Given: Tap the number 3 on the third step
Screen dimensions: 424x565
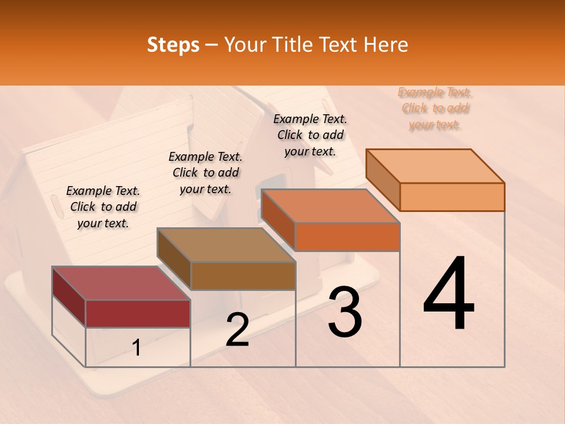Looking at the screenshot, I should click(x=345, y=312).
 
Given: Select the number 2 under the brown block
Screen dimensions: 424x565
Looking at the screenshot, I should click(x=238, y=330).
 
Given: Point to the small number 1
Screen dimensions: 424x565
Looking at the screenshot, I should click(x=137, y=348).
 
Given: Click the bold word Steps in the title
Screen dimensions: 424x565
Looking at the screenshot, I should click(x=173, y=45).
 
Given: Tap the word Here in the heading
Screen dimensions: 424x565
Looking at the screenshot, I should click(x=386, y=45).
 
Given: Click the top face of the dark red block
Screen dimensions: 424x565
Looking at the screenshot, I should click(x=121, y=283).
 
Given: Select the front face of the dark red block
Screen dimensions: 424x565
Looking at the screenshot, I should click(x=138, y=313).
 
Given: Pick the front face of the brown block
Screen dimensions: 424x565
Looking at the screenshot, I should click(x=243, y=276).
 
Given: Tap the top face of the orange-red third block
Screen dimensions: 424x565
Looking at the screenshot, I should click(x=331, y=206).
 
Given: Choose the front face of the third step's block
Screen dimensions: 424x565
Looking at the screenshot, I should click(x=347, y=237).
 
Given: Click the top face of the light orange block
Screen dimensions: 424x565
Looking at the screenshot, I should click(x=436, y=166).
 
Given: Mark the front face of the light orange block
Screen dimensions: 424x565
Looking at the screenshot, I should click(x=452, y=197).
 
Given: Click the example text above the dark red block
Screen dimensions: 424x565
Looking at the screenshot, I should click(x=103, y=207).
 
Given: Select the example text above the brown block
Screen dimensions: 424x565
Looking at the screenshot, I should click(x=205, y=173).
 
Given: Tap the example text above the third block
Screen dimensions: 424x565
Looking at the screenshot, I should click(x=310, y=135).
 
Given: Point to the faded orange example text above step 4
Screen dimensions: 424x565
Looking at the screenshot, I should click(x=435, y=108).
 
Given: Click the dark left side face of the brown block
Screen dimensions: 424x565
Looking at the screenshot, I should click(x=174, y=258).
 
